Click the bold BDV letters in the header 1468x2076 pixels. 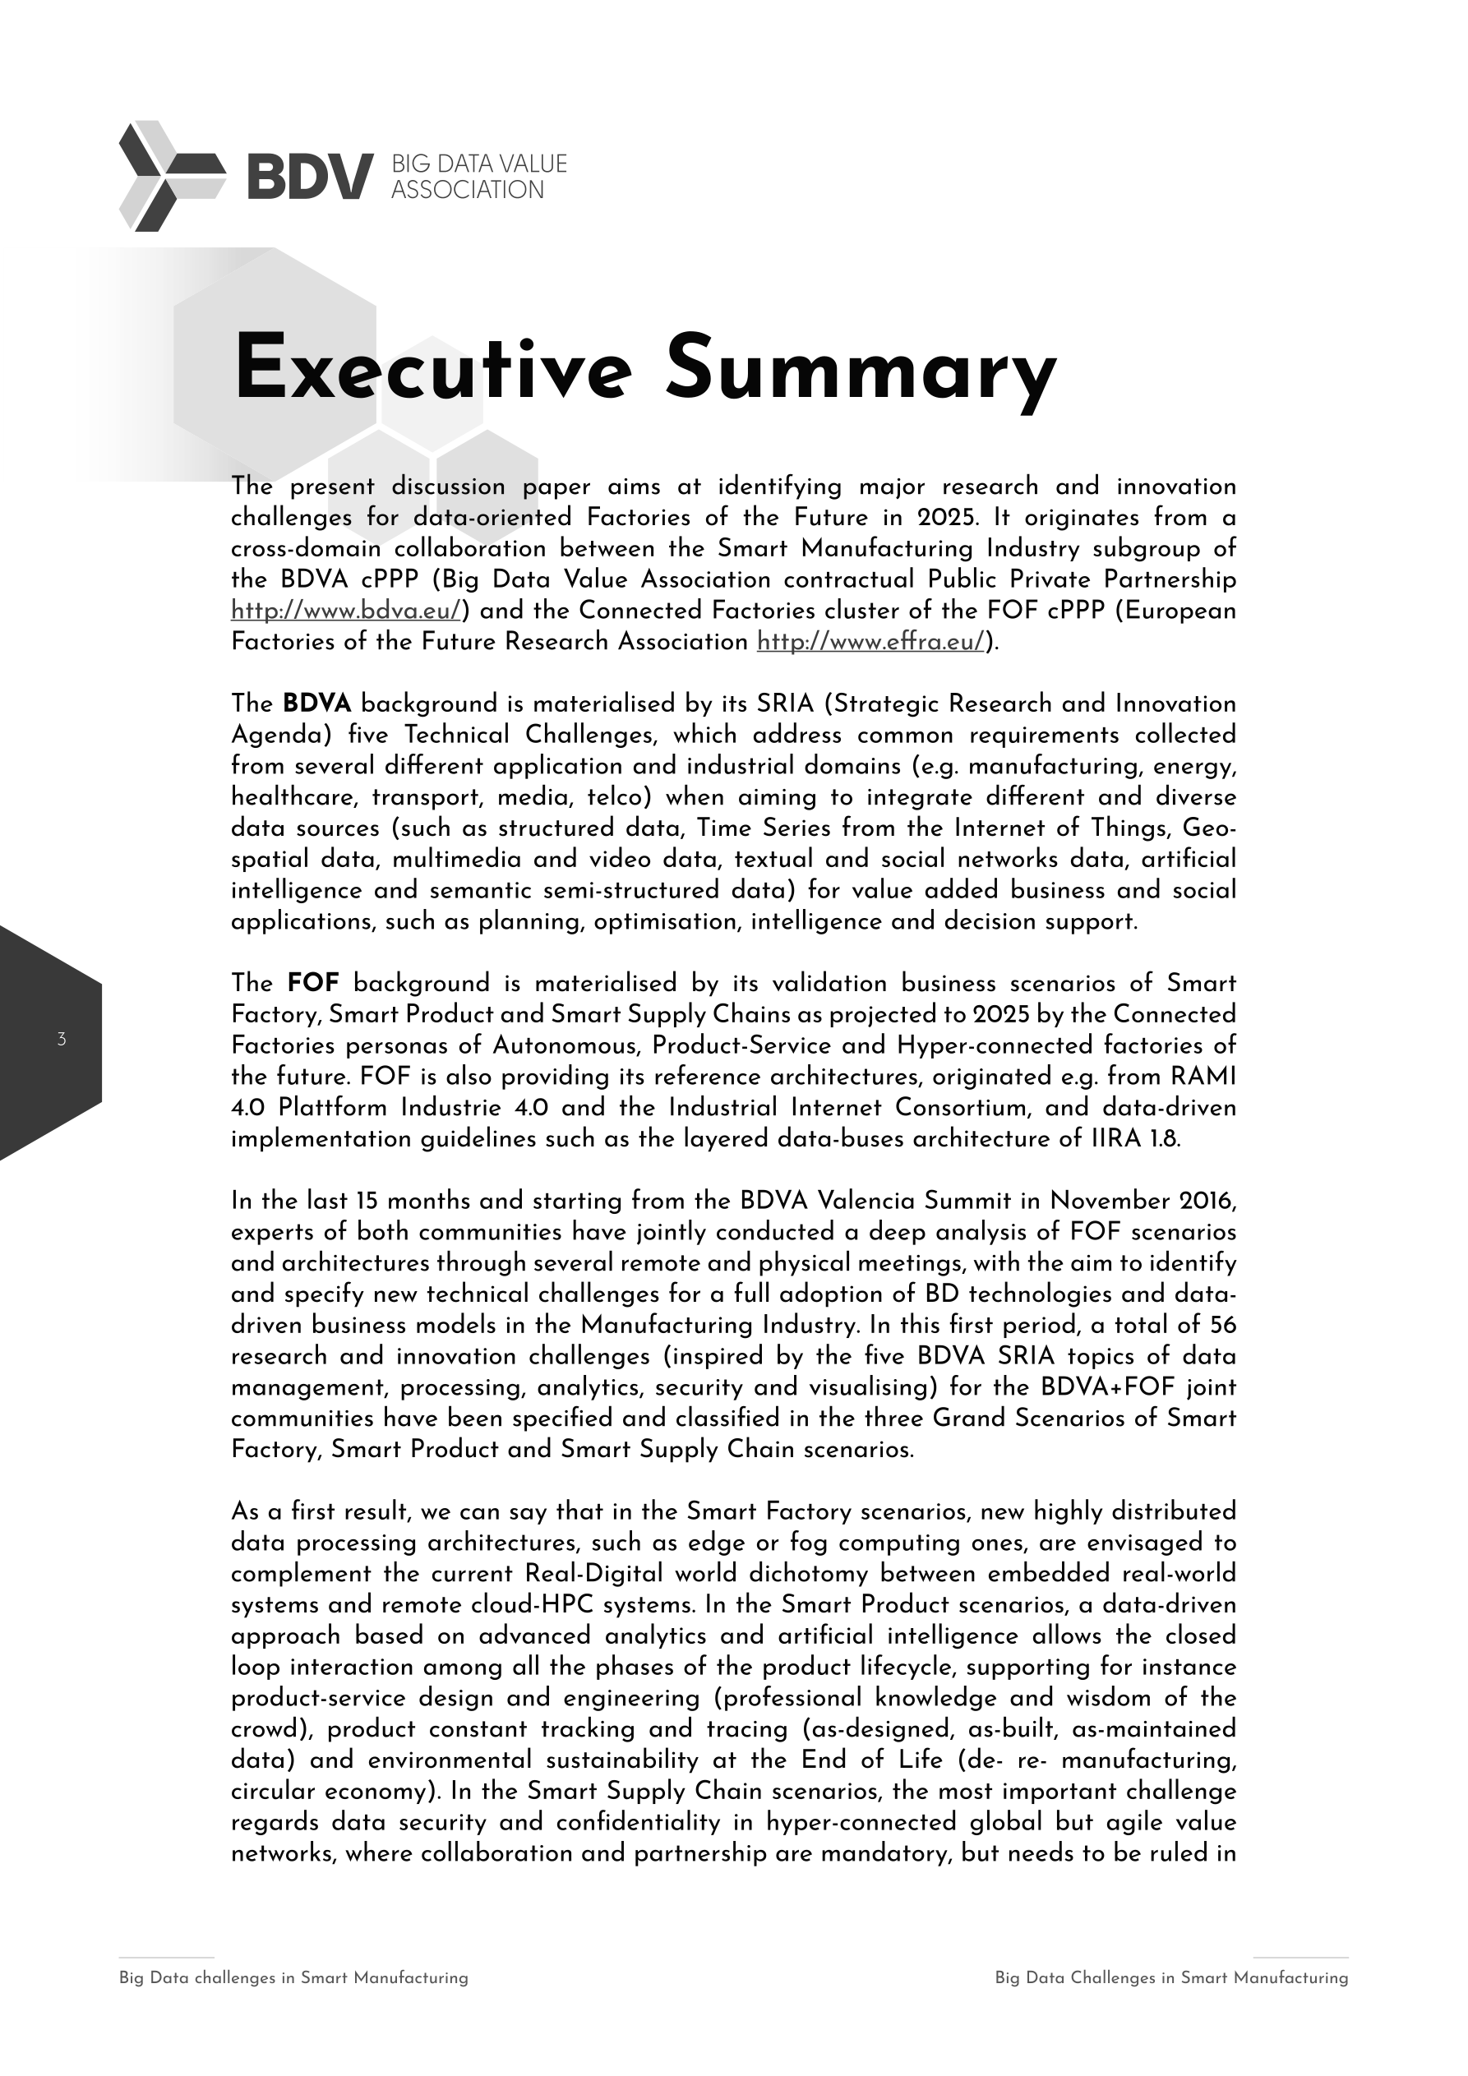(x=309, y=175)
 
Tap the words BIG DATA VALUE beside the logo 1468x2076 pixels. (x=478, y=164)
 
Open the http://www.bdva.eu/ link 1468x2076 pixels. (x=346, y=611)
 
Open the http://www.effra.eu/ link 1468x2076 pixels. (x=870, y=642)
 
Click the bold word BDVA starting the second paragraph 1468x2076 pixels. (x=316, y=704)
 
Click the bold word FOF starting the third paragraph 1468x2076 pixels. (x=313, y=983)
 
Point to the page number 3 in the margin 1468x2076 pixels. (x=62, y=1040)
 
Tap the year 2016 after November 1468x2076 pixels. (x=1207, y=1201)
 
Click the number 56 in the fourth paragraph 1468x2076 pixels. (x=1222, y=1326)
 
